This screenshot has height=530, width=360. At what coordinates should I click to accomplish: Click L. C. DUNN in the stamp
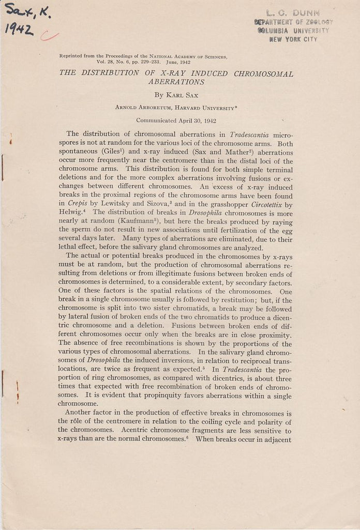pyautogui.click(x=293, y=13)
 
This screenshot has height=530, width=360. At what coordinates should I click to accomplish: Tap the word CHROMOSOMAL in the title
pyautogui.click(x=263, y=73)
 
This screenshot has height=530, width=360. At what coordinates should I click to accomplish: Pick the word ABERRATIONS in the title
pyautogui.click(x=176, y=82)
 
